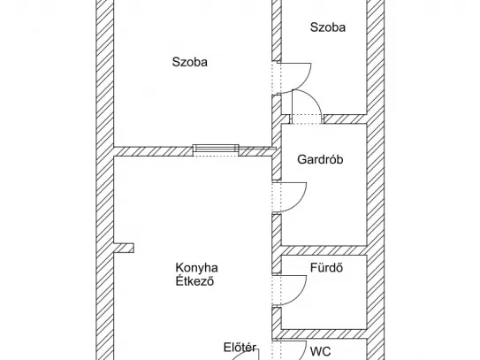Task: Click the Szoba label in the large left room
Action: tap(190, 62)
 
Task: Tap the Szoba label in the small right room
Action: tap(328, 27)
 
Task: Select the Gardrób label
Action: tap(320, 159)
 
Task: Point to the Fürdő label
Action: tap(326, 268)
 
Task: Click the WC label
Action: tap(321, 351)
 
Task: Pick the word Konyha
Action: tap(196, 268)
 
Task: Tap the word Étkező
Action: tap(194, 281)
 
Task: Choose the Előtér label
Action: tap(240, 348)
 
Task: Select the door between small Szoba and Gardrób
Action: tap(316, 98)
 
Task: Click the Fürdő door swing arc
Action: tap(301, 295)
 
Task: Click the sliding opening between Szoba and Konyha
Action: tap(217, 149)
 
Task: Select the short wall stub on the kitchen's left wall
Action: tap(124, 248)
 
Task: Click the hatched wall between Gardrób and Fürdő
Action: tap(324, 250)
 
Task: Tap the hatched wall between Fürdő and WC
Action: tap(324, 334)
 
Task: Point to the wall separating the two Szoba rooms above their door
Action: tap(277, 30)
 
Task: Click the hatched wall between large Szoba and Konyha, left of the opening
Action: tap(153, 151)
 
